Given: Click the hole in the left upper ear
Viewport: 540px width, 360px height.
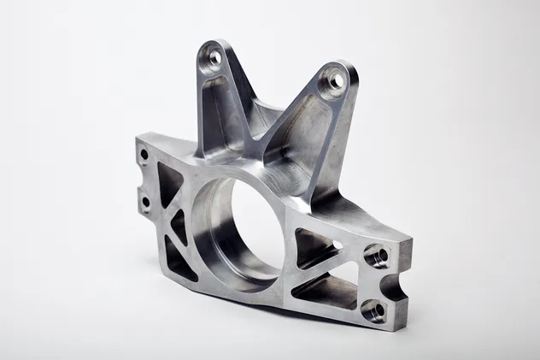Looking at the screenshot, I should pyautogui.click(x=214, y=57).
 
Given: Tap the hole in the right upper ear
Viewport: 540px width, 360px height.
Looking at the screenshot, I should pyautogui.click(x=335, y=82).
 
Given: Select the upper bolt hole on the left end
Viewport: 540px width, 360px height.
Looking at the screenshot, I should pyautogui.click(x=144, y=156).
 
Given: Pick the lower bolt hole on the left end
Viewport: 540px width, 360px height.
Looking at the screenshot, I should pyautogui.click(x=145, y=202).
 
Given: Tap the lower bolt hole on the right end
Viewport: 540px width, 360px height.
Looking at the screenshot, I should pyautogui.click(x=372, y=308).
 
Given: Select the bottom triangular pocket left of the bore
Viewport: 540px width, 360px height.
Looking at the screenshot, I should pyautogui.click(x=179, y=257).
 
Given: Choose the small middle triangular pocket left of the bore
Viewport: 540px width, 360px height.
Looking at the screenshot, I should pyautogui.click(x=179, y=224).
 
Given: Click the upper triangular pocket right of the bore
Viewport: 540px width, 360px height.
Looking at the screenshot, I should pyautogui.click(x=312, y=247).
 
